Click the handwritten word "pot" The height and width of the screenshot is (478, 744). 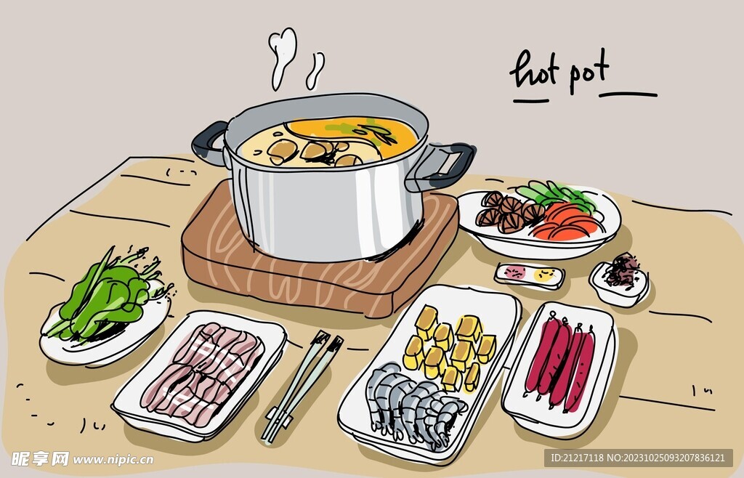click(x=589, y=73)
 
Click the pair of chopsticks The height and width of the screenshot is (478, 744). click(x=302, y=385)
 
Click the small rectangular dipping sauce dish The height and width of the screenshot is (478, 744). click(x=529, y=275)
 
